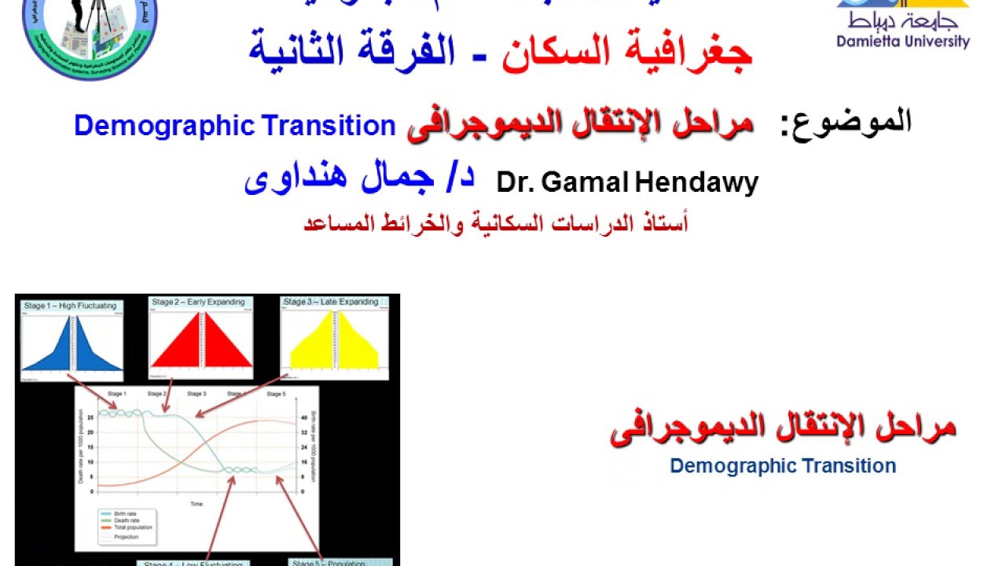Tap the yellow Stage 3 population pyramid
click(x=335, y=342)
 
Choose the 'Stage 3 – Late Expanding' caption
click(x=331, y=302)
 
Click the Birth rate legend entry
click(x=127, y=513)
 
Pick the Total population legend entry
click(x=133, y=527)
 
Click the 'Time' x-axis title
click(x=196, y=504)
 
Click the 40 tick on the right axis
click(x=303, y=417)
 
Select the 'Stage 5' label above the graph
click(x=277, y=393)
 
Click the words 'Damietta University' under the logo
click(x=903, y=42)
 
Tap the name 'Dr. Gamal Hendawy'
click(x=627, y=183)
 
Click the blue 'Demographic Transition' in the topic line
click(x=234, y=126)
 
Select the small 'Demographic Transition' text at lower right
click(x=783, y=466)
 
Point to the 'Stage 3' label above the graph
click(x=196, y=393)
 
